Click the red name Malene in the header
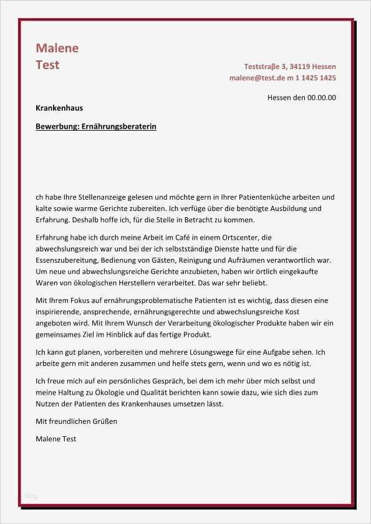(x=57, y=48)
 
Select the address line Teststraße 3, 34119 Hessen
(x=290, y=66)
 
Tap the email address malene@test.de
(x=257, y=78)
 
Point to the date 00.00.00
(x=322, y=97)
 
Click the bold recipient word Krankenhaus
(x=59, y=108)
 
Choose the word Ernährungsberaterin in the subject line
(x=119, y=126)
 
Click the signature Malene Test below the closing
(x=56, y=439)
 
